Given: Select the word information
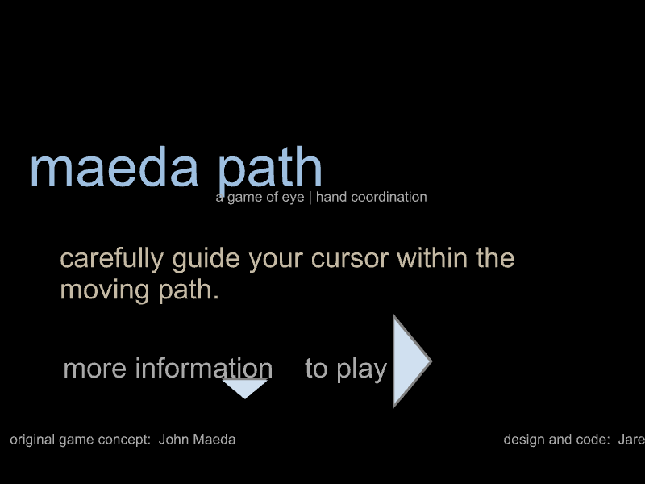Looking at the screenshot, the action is (x=204, y=368).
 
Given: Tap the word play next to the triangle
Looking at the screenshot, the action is (x=362, y=369).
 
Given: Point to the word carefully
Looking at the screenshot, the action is (x=112, y=259).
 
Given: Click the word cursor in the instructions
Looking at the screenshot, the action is (x=350, y=259).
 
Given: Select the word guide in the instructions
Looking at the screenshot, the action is (x=206, y=259).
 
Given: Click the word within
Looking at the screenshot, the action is (x=432, y=258).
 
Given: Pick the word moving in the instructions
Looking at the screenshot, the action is (x=105, y=290).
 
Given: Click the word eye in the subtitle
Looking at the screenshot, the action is (x=293, y=198).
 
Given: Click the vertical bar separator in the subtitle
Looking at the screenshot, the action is (x=310, y=197).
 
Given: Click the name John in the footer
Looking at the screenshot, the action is (x=175, y=440).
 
